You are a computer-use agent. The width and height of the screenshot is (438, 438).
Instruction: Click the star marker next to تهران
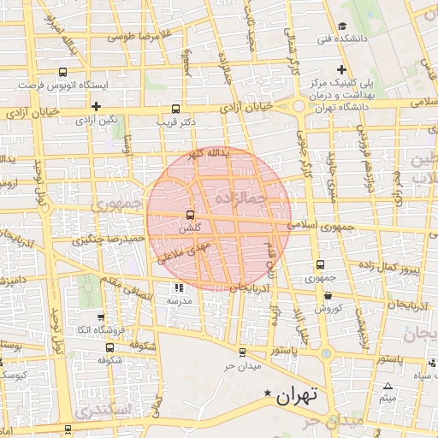tap(268, 394)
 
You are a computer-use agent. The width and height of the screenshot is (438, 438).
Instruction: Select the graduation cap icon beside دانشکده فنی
tap(342, 26)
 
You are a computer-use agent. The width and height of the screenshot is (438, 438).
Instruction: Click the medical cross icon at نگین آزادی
tap(97, 107)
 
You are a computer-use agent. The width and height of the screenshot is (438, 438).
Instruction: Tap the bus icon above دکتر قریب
tap(176, 109)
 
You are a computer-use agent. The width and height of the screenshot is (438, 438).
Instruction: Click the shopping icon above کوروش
tap(328, 295)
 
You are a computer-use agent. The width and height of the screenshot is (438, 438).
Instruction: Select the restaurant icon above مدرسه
tap(179, 288)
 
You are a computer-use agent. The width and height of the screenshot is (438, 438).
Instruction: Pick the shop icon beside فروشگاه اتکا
tap(101, 317)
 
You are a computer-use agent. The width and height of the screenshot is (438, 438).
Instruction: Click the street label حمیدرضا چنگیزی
tap(105, 237)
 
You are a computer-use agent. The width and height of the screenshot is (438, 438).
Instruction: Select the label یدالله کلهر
tap(208, 153)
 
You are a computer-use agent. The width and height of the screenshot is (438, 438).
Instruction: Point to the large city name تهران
tap(298, 395)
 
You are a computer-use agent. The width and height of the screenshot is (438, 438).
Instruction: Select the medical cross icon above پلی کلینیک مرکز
tap(341, 68)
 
